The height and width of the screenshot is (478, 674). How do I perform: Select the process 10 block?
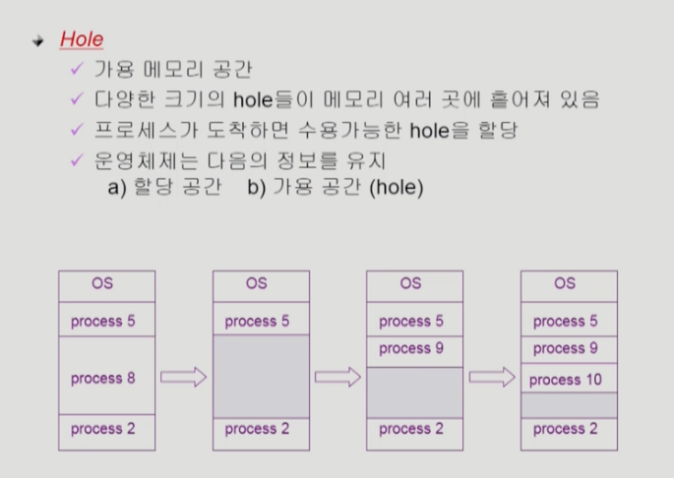point(569,380)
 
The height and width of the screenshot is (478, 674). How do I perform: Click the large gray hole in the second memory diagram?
point(260,377)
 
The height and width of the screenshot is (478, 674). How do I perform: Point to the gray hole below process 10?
point(569,405)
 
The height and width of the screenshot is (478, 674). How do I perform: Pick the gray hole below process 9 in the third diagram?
point(414,391)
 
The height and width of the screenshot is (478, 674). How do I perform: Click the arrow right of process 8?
point(183,378)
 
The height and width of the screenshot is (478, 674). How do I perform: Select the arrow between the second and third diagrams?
point(337,378)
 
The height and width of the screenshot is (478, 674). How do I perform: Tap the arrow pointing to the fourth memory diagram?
point(492,378)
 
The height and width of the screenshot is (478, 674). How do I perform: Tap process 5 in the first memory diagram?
point(103,321)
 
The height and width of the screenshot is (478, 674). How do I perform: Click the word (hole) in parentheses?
point(396,187)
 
